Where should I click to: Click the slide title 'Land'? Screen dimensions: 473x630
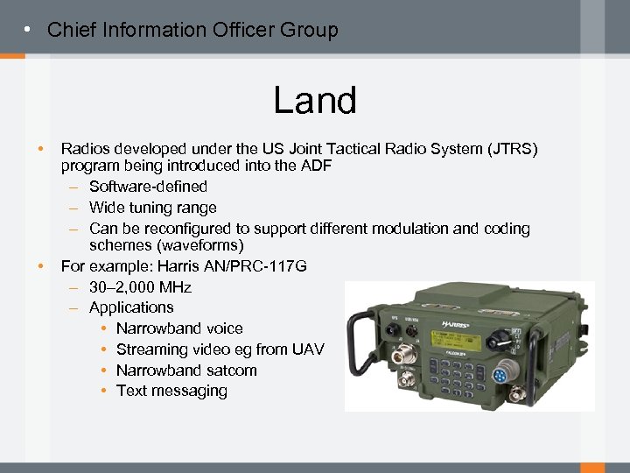click(x=315, y=101)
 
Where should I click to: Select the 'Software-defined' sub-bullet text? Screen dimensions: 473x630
click(x=148, y=187)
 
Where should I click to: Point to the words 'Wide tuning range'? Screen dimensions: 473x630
click(x=152, y=208)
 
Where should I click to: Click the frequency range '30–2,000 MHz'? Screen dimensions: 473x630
click(x=140, y=287)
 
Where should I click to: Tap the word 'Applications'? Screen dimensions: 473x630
click(x=131, y=307)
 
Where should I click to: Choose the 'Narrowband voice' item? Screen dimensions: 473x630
click(x=179, y=328)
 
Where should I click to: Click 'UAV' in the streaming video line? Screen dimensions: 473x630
click(x=307, y=349)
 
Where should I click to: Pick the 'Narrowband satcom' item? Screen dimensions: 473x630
click(x=186, y=371)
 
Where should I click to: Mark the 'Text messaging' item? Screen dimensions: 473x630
click(x=171, y=392)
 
